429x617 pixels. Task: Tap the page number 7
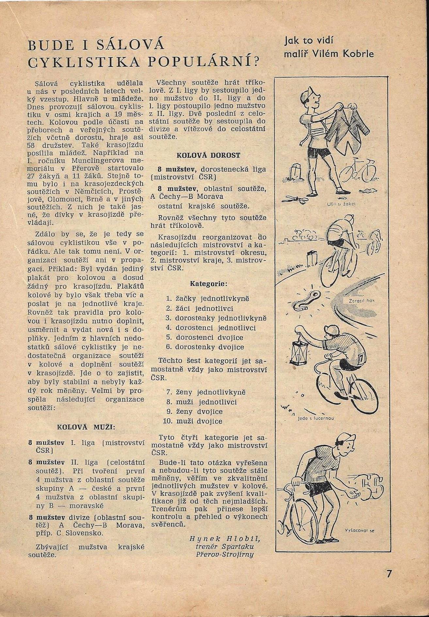[389, 583]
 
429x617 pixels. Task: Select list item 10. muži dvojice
[193, 421]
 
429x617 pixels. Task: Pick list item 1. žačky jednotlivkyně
[208, 299]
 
